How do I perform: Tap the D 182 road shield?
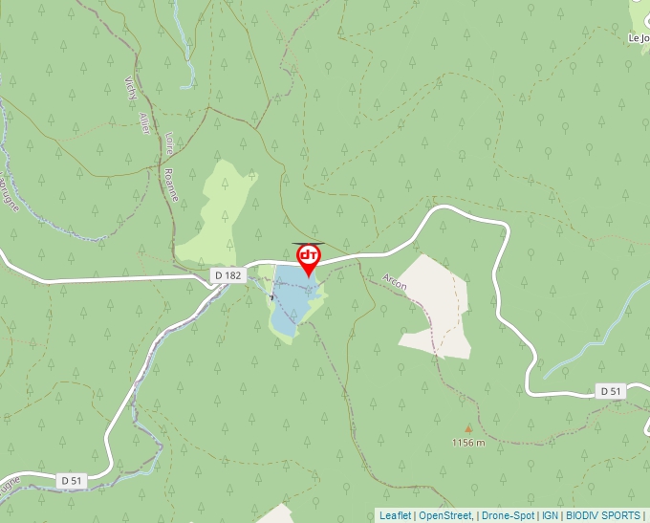coord(228,275)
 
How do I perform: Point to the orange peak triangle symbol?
coord(468,429)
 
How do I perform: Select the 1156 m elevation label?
coord(468,443)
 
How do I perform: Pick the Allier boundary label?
coord(144,122)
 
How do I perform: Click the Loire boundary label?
coord(169,142)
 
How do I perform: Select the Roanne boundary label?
coord(171,179)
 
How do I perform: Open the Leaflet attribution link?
coord(395,515)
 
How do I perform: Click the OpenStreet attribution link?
coord(445,515)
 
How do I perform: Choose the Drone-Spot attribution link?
coord(508,515)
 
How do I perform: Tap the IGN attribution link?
coord(551,515)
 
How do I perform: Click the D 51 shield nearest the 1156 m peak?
coord(611,391)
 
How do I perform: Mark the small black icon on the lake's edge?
coord(271,298)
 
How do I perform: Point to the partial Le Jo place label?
coord(638,38)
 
